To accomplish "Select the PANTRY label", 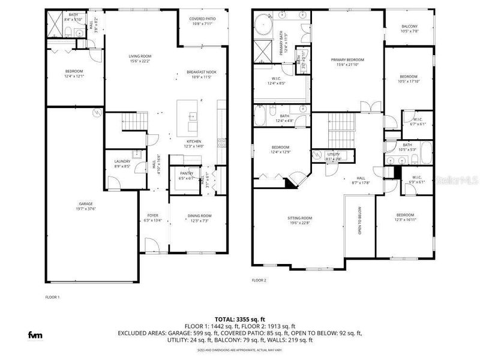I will pos(187,173).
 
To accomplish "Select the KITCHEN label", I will pos(194,141).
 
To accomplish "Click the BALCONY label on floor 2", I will pos(409,26).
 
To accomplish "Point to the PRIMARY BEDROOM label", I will pos(348,59).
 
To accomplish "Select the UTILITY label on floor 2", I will pos(334,154).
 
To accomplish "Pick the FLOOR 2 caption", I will pos(259,280).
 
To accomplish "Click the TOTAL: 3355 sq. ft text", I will pos(241,319).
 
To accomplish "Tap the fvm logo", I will pos(34,335).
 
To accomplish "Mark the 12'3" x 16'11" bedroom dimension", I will pos(405,220).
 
